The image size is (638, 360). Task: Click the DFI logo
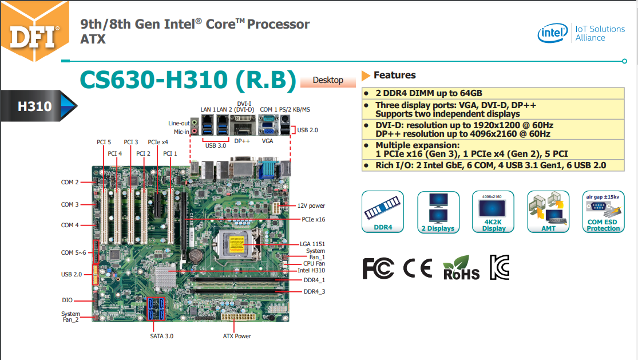tap(34, 35)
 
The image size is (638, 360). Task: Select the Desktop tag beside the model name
tap(327, 80)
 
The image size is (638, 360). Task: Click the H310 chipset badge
tap(39, 106)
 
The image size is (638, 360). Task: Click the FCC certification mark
tap(378, 268)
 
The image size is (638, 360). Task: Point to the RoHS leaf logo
tap(461, 268)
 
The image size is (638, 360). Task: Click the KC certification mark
tap(499, 267)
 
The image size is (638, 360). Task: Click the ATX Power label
tap(237, 336)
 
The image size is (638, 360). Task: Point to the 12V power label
tap(311, 205)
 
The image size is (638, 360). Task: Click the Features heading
tap(394, 75)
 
